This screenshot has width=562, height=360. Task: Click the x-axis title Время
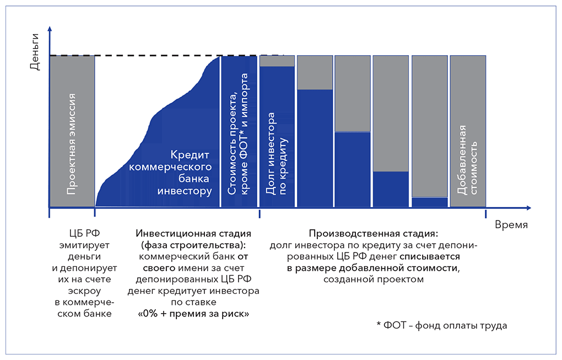click(x=511, y=224)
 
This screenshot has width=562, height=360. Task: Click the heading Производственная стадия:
click(x=374, y=233)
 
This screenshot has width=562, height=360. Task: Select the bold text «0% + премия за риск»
click(x=193, y=313)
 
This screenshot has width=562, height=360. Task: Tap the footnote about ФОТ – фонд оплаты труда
click(x=442, y=325)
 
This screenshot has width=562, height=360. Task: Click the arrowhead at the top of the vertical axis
click(x=50, y=28)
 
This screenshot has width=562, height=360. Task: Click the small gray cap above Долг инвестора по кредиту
click(x=277, y=61)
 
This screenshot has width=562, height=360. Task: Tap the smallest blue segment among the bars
click(x=430, y=202)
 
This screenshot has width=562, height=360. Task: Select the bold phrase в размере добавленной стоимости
click(x=373, y=268)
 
